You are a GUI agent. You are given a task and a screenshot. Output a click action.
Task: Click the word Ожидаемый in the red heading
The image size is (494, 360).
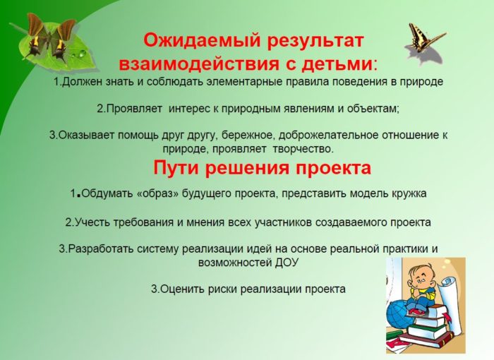pos(202,41)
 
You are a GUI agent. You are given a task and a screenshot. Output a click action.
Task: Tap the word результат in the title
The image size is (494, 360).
pos(315,42)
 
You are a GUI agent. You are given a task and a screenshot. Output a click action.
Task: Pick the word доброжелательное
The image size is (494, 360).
pos(329,136)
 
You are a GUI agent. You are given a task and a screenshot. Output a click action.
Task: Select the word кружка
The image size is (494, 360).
pos(409,193)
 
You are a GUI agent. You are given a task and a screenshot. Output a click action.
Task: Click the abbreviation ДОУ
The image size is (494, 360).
pos(287,263)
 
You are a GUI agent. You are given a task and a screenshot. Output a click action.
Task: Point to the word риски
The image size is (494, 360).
pos(223,289)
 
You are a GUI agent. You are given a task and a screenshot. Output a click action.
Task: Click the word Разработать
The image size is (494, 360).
pos(101,248)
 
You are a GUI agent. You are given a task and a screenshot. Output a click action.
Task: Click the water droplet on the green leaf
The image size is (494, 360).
pos(83,53)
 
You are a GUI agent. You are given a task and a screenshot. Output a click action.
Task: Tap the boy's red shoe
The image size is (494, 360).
pos(416,312)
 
